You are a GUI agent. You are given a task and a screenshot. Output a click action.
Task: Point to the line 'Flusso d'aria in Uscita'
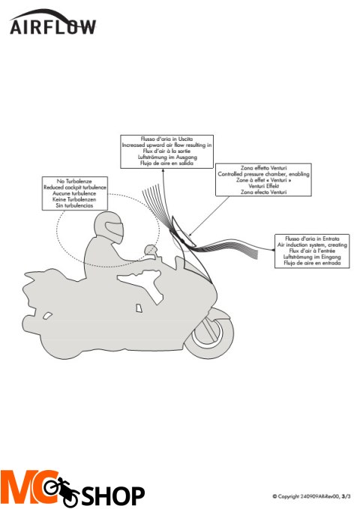tap(167, 138)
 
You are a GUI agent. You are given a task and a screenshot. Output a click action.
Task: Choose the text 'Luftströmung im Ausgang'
tap(167, 157)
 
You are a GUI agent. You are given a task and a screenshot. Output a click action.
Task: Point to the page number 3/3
tap(346, 496)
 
